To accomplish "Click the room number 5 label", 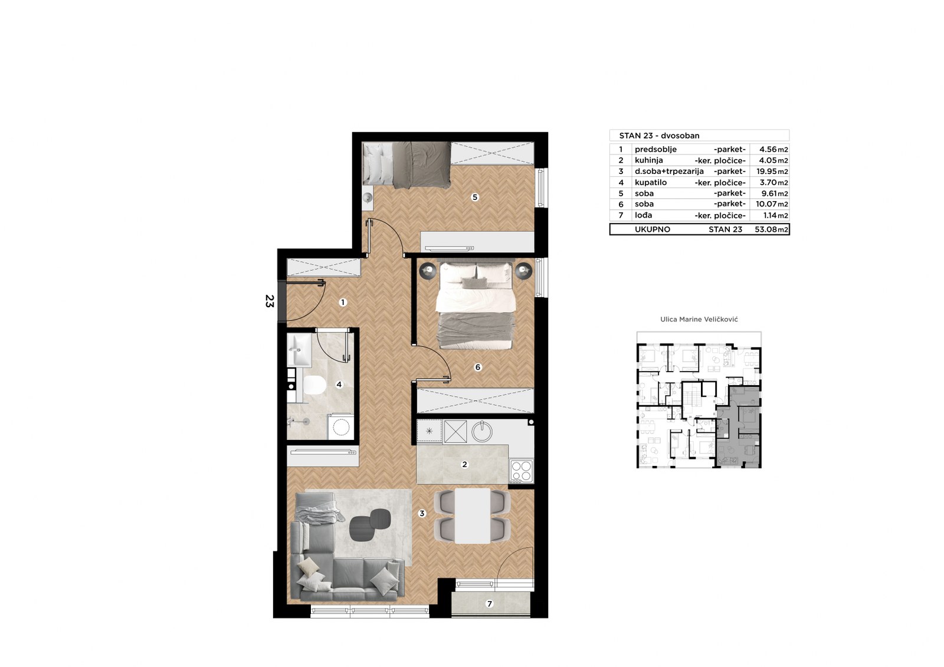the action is (475, 197).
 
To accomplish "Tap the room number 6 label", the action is (477, 367).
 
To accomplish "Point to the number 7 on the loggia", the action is (489, 604).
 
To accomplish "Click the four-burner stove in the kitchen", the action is (522, 471).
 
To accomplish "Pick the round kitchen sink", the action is (481, 431).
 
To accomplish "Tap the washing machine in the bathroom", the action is (341, 427).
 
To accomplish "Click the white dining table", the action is (473, 516).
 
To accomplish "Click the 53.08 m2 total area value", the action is (771, 229).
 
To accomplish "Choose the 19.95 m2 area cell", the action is (772, 172).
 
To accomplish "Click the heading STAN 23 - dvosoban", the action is (659, 136).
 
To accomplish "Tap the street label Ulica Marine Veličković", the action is (699, 320).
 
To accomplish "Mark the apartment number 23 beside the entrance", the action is (270, 301).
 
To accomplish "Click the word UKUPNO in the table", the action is (653, 229).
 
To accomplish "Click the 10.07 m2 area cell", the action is (772, 205).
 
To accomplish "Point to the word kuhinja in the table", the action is (649, 160).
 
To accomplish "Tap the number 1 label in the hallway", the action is (343, 303).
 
